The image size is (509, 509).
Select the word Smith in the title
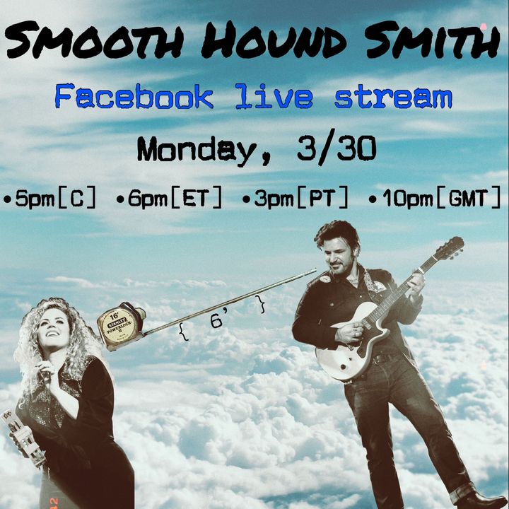tap(433, 40)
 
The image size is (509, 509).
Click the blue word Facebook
tap(134, 96)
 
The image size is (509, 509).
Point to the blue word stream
tap(393, 97)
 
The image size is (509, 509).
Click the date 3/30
tap(337, 148)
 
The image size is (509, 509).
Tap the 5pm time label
tap(35, 199)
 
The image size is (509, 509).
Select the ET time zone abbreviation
tap(195, 198)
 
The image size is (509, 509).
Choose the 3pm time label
tap(274, 199)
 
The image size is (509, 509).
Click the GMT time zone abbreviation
tap(469, 198)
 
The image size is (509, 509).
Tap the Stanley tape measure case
tap(121, 327)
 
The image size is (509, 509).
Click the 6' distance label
tap(217, 321)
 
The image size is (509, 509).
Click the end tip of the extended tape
tap(315, 270)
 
